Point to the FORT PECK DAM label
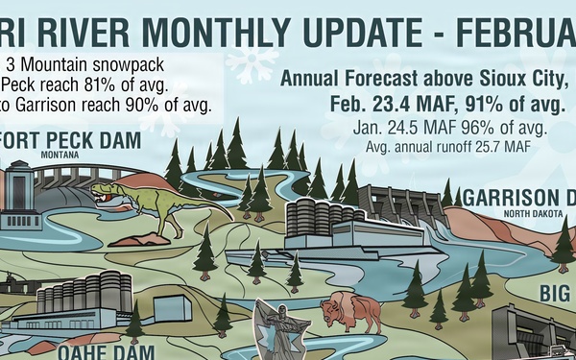tap(72, 140)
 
